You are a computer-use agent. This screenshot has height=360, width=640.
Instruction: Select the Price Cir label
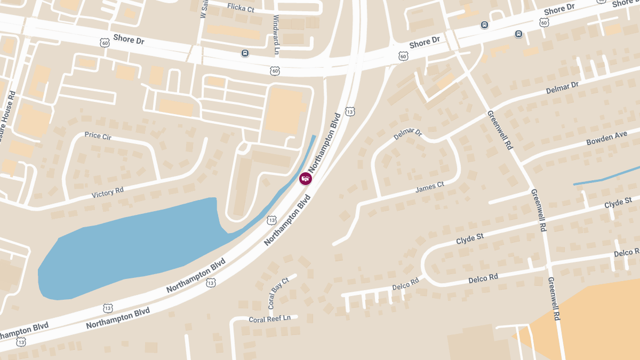click(98, 136)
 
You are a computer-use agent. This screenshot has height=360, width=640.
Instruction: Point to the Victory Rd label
click(107, 192)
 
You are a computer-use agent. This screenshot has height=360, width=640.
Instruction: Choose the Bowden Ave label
click(606, 139)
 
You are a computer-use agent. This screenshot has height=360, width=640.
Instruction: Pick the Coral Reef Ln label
click(269, 318)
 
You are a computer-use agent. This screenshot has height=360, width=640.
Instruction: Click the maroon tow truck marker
click(306, 179)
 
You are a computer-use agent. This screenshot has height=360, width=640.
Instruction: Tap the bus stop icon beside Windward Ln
click(245, 53)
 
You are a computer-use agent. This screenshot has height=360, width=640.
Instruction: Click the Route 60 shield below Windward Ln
click(275, 70)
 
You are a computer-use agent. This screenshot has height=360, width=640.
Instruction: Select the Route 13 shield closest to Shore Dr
click(350, 111)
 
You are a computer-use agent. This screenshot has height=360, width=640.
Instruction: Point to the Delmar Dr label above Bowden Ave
click(562, 88)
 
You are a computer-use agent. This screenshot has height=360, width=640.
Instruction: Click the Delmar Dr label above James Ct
click(408, 134)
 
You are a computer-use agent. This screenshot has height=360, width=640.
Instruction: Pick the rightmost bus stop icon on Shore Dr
click(518, 34)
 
